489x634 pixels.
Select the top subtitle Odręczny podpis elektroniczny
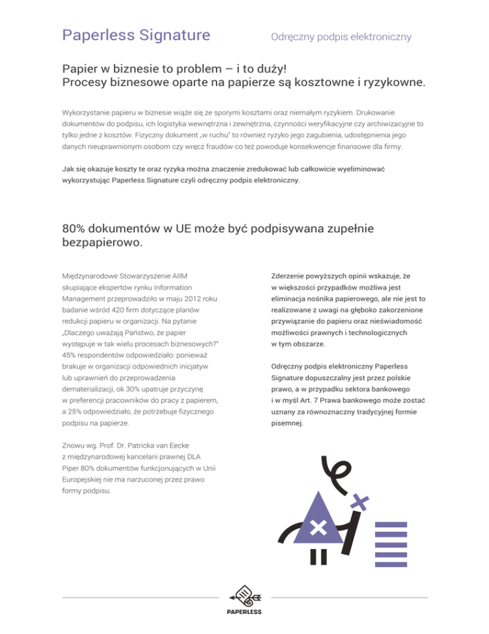tap(341, 37)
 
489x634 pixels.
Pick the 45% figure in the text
tap(70, 355)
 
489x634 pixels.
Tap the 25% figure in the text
tap(76, 411)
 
